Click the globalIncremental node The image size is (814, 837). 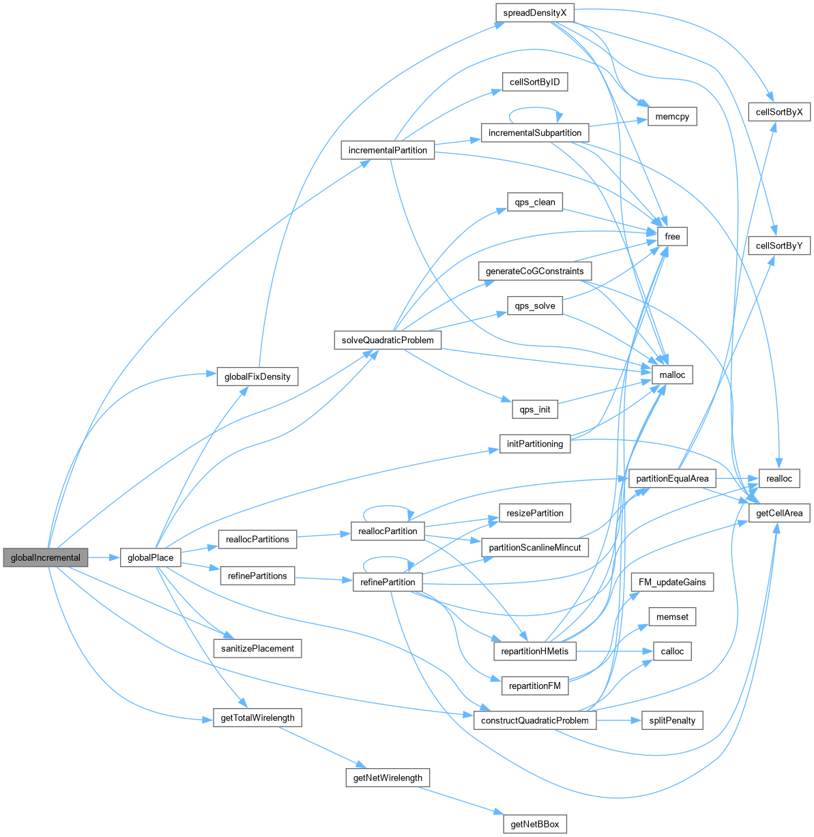click(46, 557)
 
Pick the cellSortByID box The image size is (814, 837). click(534, 83)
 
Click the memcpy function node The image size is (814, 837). click(673, 117)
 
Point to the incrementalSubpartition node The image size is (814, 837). click(534, 132)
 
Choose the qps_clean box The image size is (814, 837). click(534, 202)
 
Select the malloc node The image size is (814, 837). click(672, 374)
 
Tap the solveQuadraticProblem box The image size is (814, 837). click(388, 340)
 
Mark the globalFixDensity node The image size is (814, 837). click(257, 376)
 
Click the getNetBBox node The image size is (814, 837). click(535, 824)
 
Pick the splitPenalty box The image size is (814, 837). click(672, 720)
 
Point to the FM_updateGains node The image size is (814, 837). click(673, 582)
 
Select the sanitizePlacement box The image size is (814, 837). click(257, 648)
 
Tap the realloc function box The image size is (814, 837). click(779, 479)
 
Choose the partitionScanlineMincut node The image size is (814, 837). click(535, 547)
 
